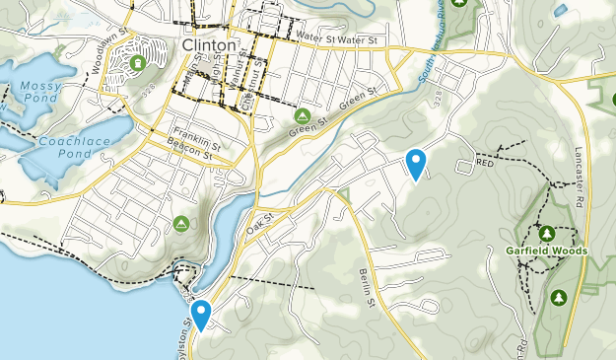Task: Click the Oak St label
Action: [x=259, y=224]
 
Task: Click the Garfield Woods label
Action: [x=547, y=251]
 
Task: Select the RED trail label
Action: [x=484, y=164]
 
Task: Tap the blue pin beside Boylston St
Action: [x=201, y=315]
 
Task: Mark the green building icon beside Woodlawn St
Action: [x=137, y=63]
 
